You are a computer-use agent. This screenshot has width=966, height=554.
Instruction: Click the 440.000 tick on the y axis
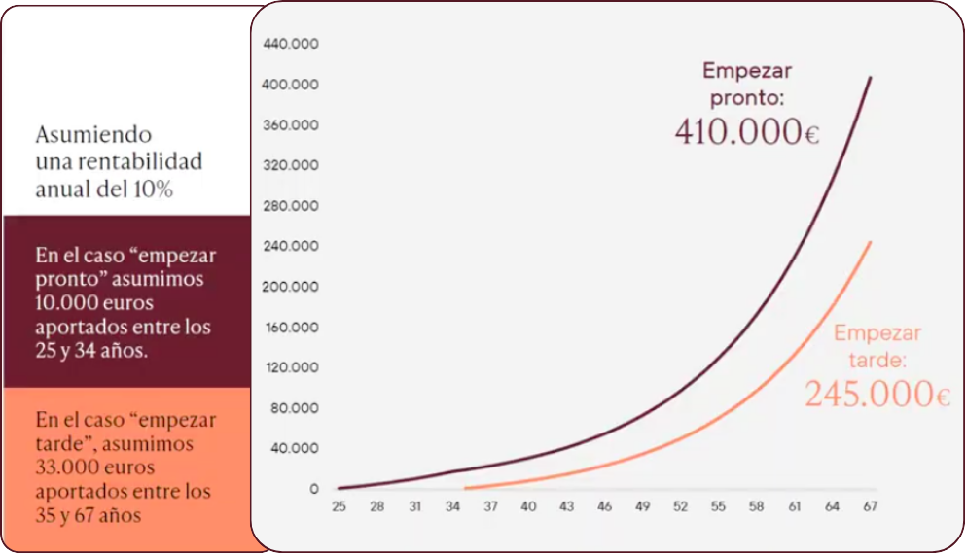point(291,44)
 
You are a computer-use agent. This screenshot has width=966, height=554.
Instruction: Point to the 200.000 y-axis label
point(290,286)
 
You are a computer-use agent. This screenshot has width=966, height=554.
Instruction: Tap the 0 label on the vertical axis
point(314,489)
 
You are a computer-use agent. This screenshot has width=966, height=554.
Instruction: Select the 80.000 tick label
point(295,407)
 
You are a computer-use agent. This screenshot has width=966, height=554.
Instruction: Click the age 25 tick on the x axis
point(339,506)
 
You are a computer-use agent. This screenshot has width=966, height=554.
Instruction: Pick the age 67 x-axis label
point(870,506)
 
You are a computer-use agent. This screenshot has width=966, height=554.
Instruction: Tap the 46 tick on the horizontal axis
point(604,506)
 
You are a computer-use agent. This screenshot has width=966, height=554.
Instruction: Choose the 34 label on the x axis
point(452,506)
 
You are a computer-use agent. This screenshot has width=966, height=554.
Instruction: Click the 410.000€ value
point(747,132)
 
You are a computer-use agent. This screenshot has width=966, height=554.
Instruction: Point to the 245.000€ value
point(877,394)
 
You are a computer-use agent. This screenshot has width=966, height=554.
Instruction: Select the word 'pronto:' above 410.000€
point(747,98)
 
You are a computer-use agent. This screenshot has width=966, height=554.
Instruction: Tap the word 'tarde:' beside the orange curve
point(877,360)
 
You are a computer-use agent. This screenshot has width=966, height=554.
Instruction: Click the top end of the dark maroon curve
point(871,77)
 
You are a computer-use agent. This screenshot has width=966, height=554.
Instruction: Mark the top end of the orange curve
point(871,242)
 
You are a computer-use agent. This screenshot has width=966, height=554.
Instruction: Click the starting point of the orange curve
point(465,488)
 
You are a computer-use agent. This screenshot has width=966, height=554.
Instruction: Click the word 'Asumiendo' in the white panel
point(93,134)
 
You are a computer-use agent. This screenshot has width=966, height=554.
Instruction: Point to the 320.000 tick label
point(291,165)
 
